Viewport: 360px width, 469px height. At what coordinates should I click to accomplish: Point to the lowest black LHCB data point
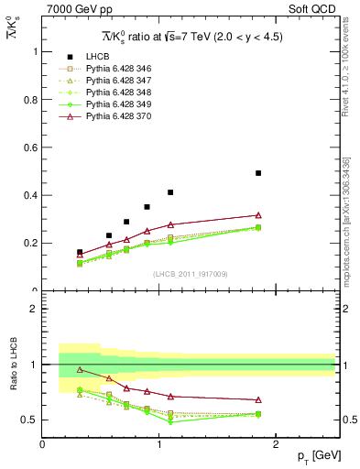click(x=80, y=252)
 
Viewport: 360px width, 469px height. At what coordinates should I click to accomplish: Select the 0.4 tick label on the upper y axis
click(x=33, y=195)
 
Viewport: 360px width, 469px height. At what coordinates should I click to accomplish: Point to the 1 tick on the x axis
click(x=159, y=443)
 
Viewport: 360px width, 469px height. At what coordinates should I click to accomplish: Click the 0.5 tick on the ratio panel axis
click(x=31, y=420)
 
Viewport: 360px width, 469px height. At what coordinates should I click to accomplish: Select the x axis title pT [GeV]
click(x=317, y=455)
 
